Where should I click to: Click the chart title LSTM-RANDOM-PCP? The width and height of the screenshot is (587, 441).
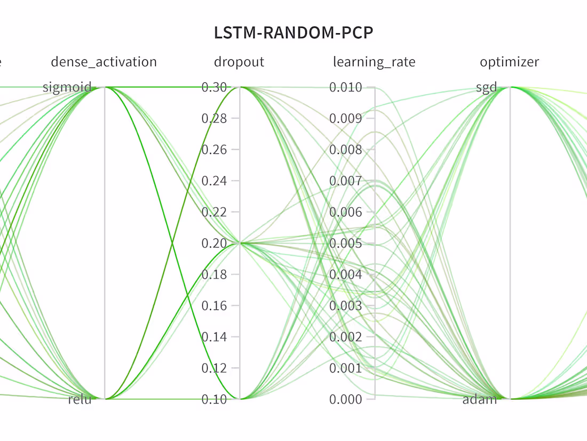[293, 33]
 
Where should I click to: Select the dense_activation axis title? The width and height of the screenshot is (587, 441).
[104, 62]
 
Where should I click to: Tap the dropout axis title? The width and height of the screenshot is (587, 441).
[239, 62]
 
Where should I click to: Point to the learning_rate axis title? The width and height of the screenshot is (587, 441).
[374, 62]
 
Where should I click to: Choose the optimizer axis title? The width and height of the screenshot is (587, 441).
[510, 62]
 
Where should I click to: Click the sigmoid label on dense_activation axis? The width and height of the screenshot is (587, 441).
[67, 87]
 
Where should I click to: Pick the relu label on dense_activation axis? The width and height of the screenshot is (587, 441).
[80, 399]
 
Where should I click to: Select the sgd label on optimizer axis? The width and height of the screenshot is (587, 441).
[486, 87]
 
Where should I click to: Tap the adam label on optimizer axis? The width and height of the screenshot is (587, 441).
[480, 399]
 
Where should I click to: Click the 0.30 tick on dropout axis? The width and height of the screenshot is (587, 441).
[214, 87]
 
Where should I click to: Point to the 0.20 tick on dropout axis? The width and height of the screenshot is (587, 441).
[214, 243]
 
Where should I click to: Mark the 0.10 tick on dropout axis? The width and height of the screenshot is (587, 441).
[214, 399]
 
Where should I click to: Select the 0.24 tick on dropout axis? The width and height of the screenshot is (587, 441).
[214, 181]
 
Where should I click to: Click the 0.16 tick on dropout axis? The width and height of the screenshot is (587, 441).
[214, 306]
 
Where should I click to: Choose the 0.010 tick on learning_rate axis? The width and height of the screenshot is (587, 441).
[345, 87]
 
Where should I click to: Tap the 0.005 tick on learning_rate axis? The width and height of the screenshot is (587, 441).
[345, 243]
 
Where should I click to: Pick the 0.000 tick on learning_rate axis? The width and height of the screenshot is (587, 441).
[345, 399]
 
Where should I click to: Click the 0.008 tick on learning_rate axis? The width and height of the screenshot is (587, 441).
[345, 150]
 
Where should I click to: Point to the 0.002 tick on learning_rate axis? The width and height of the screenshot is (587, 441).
[345, 337]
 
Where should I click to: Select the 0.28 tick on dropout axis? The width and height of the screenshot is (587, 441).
[214, 118]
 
